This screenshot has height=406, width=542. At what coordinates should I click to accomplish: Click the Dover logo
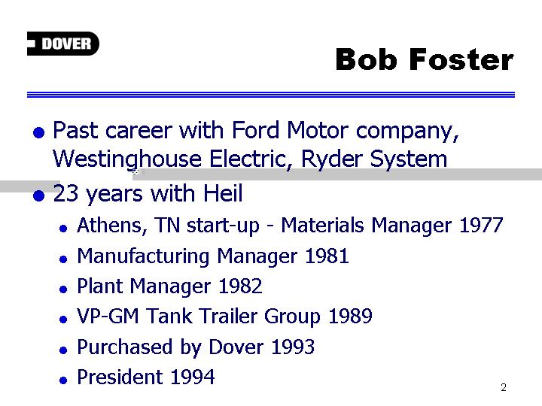coord(63,44)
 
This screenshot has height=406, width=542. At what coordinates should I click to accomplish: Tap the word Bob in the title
coord(366,59)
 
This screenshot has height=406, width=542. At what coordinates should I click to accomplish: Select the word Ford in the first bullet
coord(255,131)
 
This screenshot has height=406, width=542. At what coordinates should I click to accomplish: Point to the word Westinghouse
coord(127,159)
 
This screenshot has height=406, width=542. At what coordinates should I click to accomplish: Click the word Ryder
coord(331,159)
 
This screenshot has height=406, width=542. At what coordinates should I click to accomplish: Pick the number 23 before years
coord(65,193)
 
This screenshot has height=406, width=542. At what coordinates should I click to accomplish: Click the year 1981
coord(327,256)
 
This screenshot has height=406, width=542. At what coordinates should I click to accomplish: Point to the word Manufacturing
coord(143,257)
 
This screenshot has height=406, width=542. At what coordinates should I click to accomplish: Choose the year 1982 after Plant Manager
coord(240,286)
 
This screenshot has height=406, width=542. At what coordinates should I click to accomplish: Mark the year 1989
coord(350,316)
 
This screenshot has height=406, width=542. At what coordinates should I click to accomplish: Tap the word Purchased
coord(124,347)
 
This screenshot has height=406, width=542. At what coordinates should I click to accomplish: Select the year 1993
coord(293,347)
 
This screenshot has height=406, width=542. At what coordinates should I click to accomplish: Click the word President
coord(120,377)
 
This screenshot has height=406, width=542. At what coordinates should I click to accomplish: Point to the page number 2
coord(504,387)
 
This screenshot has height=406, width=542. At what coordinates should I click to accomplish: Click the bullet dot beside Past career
coord(38,132)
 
